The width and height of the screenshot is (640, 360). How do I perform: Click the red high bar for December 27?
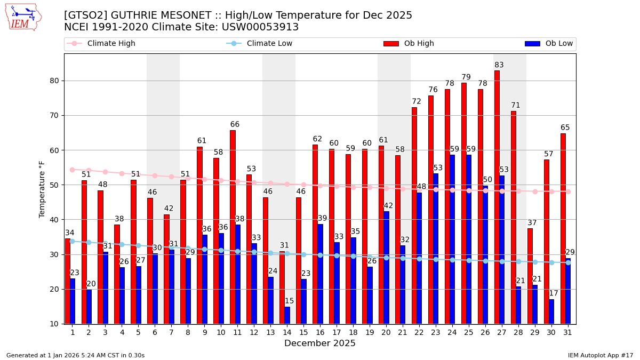pos(497,197)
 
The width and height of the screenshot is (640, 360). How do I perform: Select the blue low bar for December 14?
pos(287,315)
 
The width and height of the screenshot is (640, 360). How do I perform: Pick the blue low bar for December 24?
pos(452,239)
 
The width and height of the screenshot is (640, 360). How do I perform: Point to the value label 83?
pos(499,65)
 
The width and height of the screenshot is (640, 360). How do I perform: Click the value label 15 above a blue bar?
pos(289,301)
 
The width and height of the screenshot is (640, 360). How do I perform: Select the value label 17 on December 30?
pos(554,293)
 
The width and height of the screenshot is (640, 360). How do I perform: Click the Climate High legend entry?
pos(111,44)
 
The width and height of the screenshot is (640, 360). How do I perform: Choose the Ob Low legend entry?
pos(557,44)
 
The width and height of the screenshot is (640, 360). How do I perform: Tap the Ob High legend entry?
pos(419,44)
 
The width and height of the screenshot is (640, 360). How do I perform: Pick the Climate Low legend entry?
pos(269,44)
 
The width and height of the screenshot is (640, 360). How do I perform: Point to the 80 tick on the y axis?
pos(54,81)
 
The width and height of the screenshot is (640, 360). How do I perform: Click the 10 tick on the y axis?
pos(54,324)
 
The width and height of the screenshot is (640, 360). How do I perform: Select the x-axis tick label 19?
pos(370,332)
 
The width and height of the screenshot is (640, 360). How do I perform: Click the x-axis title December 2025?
pos(319,343)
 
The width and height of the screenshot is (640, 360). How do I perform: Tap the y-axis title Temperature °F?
pos(43,189)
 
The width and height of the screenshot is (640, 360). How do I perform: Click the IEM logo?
pos(23,17)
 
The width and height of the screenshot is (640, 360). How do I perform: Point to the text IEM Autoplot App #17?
pos(600,355)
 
